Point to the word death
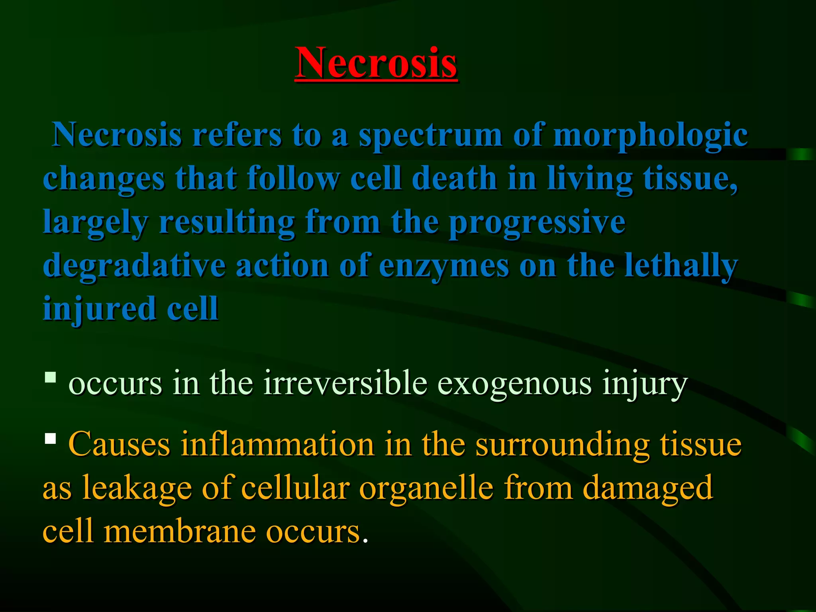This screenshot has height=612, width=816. click(x=454, y=178)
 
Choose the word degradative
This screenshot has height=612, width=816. click(x=134, y=266)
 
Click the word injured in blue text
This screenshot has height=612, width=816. click(x=99, y=309)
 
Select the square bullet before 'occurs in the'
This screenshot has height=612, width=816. click(x=50, y=377)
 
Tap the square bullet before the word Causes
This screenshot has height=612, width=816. click(x=50, y=438)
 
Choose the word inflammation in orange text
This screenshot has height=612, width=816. click(x=277, y=444)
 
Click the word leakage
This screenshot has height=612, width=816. click(x=137, y=488)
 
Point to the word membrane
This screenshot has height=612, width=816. click(x=179, y=532)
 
